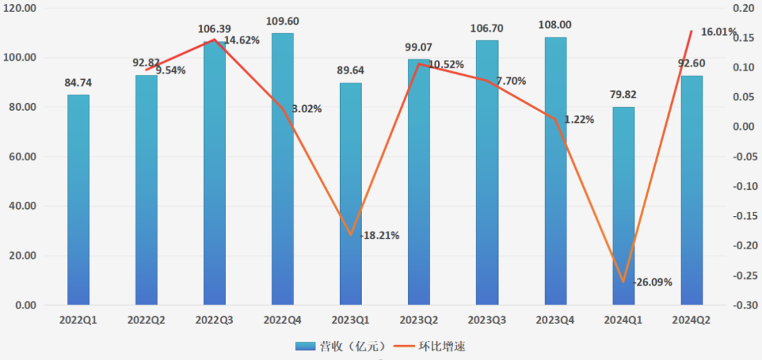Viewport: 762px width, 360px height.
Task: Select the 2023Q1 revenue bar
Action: click(x=351, y=194)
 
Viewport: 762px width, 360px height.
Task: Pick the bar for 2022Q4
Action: click(x=282, y=169)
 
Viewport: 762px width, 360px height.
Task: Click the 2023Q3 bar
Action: click(x=487, y=173)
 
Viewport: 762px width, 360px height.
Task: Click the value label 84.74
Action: click(x=78, y=83)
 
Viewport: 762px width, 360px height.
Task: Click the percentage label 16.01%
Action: click(x=718, y=32)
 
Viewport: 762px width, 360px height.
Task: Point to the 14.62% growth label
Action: click(x=242, y=40)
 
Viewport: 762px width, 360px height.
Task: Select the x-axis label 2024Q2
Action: click(x=691, y=320)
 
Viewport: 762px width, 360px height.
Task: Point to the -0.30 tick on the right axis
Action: click(x=744, y=306)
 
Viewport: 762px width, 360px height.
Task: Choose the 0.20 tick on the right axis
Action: click(x=742, y=8)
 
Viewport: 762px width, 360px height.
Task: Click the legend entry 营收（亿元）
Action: click(x=341, y=346)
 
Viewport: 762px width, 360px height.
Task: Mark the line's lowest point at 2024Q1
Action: click(x=623, y=282)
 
